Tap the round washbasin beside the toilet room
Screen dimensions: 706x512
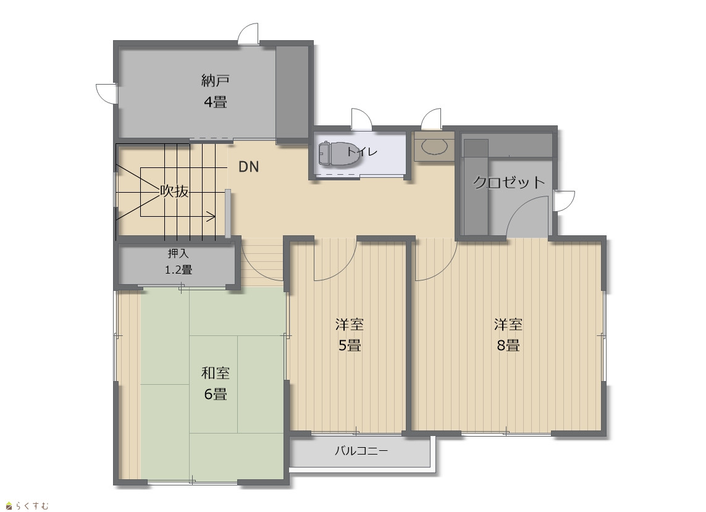tap(434, 146)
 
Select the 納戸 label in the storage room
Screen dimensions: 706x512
tap(215, 81)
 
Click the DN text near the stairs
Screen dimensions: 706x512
tap(248, 167)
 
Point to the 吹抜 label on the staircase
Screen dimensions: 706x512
tap(175, 191)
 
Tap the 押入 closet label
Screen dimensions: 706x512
tap(179, 253)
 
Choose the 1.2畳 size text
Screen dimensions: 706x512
tap(179, 270)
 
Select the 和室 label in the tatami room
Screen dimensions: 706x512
tap(215, 373)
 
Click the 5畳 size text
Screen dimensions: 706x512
tap(350, 345)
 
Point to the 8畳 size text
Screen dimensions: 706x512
tap(508, 345)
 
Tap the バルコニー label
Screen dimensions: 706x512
tap(361, 451)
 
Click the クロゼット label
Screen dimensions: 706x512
tap(509, 182)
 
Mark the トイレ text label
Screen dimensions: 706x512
tap(361, 152)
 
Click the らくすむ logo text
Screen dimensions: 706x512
tap(32, 506)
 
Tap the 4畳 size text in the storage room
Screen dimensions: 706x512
tap(215, 103)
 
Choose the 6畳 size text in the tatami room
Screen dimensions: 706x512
tap(215, 394)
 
